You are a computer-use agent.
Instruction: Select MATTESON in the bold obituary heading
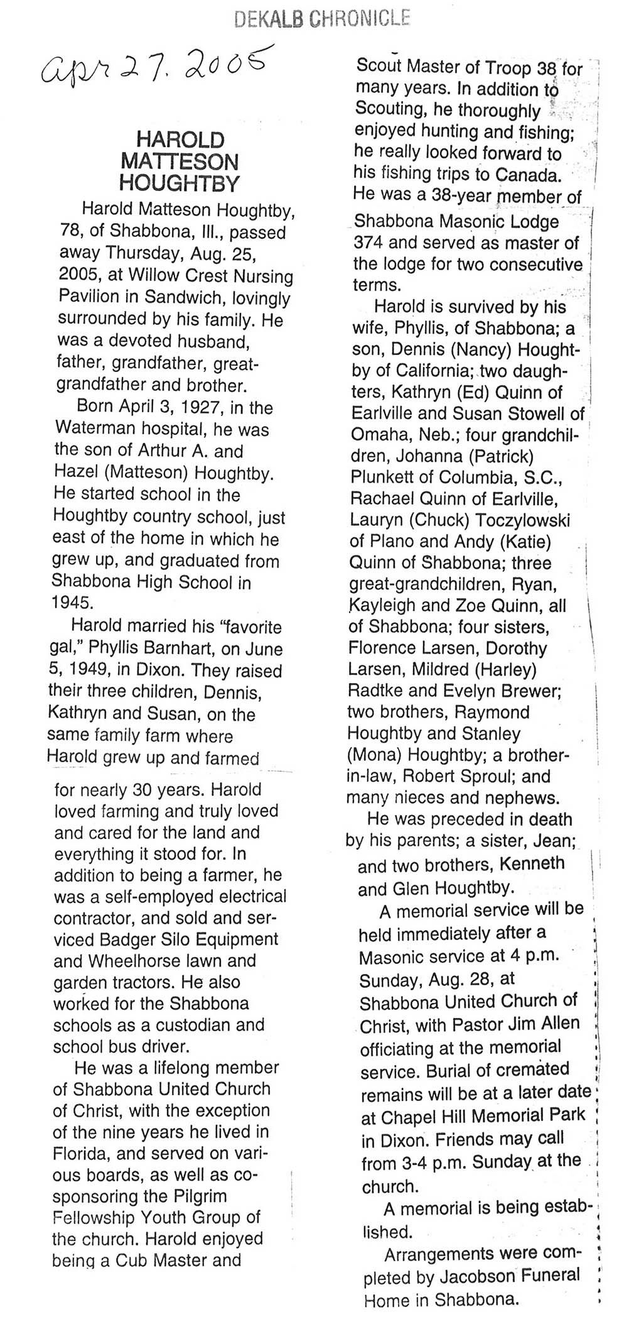tap(180, 161)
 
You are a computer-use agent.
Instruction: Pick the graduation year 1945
tap(72, 602)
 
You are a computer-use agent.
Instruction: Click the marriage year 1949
tap(87, 670)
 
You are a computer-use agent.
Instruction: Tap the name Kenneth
tap(532, 863)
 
